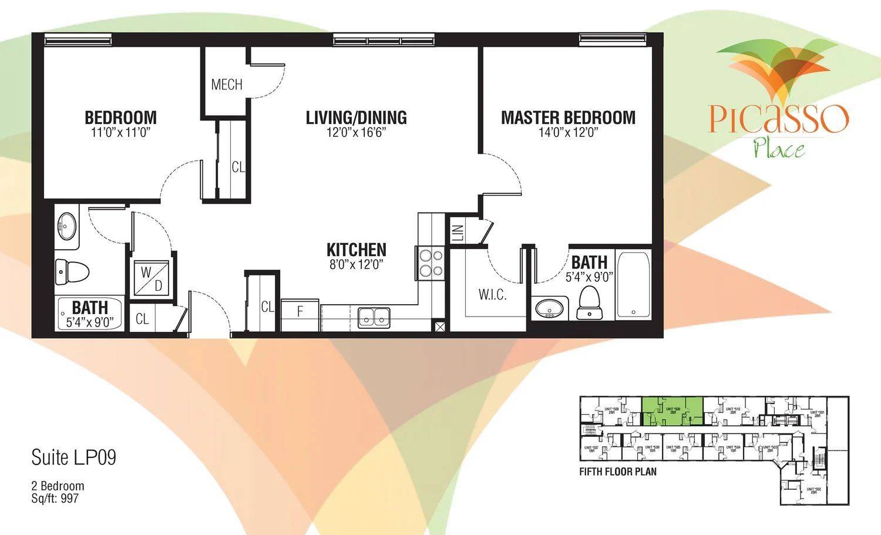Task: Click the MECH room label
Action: coord(227,85)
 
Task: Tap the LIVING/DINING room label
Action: coord(356,117)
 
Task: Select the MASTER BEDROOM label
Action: coord(568,117)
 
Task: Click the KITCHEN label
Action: coord(356,249)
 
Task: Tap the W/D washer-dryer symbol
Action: coord(152,279)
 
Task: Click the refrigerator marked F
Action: coord(300,312)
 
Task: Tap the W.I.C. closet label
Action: coord(492,295)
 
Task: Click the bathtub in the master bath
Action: coord(633,285)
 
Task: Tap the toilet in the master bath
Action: coord(589,304)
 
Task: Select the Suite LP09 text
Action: coord(73,458)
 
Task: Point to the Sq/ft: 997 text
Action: coord(55,499)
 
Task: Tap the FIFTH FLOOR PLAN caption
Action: coord(618,472)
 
